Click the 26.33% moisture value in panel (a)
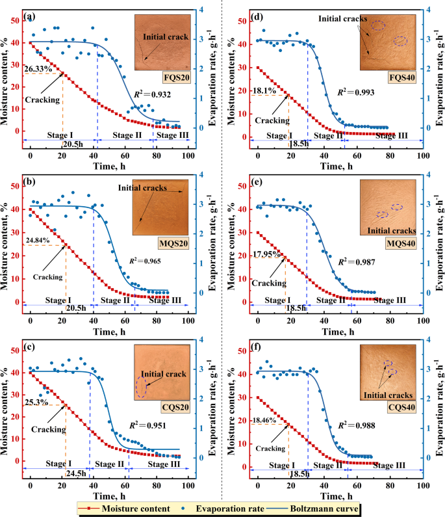tap(38, 68)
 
